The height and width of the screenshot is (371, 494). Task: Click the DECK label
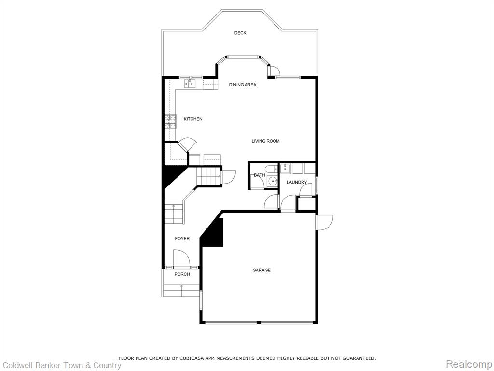(x=240, y=33)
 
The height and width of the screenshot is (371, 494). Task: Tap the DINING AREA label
(x=243, y=85)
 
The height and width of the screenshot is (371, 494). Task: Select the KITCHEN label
(x=193, y=119)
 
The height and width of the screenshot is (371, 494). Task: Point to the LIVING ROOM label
(x=266, y=141)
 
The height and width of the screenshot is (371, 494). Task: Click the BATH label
(x=260, y=175)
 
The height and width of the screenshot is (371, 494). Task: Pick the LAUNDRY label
(x=297, y=182)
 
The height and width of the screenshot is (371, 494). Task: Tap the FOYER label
(x=182, y=239)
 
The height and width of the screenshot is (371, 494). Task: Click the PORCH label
(x=182, y=274)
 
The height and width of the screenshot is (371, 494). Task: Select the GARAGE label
(x=261, y=270)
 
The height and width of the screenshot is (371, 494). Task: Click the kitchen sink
(x=190, y=84)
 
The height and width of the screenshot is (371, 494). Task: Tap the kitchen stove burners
(x=170, y=122)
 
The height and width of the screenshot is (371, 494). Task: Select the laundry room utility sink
(x=286, y=169)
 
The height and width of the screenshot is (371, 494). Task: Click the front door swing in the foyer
(x=182, y=257)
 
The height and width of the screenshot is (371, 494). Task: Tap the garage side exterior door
(x=325, y=222)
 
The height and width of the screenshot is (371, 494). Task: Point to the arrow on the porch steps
(x=182, y=290)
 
